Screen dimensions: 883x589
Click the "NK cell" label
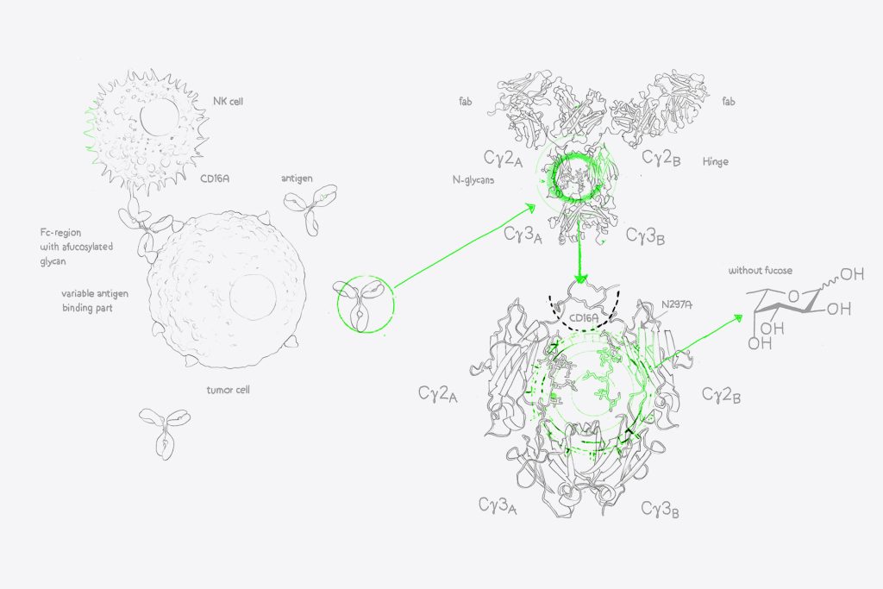coord(228,102)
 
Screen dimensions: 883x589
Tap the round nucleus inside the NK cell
coord(160,116)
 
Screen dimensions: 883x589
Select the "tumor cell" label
coord(228,390)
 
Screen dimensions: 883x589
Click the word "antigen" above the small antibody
coord(297,179)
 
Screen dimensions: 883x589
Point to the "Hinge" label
coord(715,161)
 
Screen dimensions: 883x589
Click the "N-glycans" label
coord(473,180)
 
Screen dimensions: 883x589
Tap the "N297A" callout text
coord(677,304)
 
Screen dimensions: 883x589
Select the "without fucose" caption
coord(761,270)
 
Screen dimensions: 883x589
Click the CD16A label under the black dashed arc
coord(584,318)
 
